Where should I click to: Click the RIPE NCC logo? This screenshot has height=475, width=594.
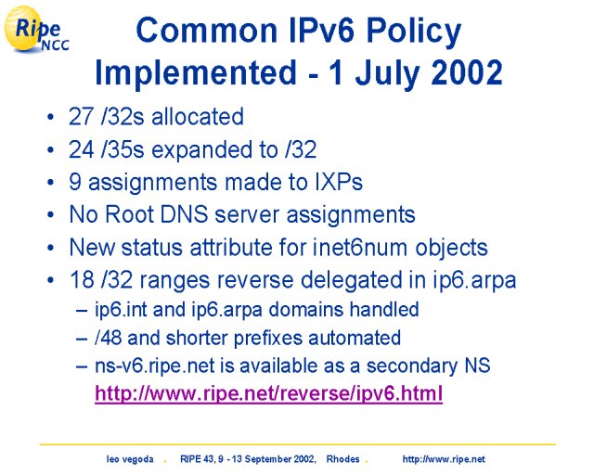36,29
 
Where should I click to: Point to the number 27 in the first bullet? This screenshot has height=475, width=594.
81,116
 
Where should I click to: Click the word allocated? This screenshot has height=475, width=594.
198,116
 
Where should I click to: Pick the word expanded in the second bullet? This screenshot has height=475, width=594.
202,150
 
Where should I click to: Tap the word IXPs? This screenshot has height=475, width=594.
339,182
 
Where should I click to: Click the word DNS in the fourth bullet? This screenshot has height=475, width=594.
184,214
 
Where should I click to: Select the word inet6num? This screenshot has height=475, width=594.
360,248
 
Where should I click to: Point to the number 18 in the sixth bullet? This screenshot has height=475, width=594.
82,280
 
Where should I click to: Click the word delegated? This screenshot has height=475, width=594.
351,281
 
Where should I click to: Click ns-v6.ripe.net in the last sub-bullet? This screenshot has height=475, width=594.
155,366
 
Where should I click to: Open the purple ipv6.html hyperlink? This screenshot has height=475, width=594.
268,392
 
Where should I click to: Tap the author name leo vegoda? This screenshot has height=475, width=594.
130,459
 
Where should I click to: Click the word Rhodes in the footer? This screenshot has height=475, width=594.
342,459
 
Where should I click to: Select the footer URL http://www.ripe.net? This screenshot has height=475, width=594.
444,459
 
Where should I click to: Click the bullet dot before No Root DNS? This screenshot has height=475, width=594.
51,215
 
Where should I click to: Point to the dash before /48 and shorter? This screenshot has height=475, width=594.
82,339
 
